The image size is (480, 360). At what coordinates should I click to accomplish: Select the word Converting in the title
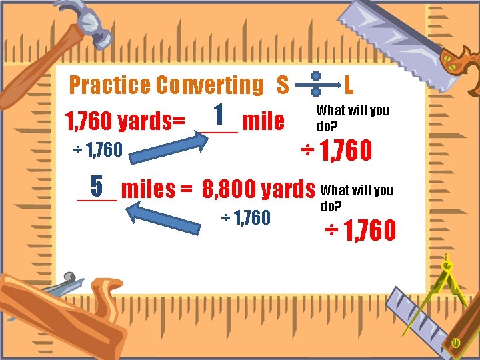click(x=209, y=85)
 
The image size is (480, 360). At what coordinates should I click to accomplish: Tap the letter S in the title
click(x=283, y=85)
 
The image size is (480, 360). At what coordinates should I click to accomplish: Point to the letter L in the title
click(x=349, y=85)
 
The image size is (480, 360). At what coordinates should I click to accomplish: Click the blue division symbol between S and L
click(x=317, y=85)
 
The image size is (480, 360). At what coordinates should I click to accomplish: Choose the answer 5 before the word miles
click(x=97, y=185)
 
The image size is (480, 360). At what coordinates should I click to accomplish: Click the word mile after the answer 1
click(x=263, y=121)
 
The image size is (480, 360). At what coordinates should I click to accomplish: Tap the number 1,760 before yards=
click(x=87, y=122)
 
